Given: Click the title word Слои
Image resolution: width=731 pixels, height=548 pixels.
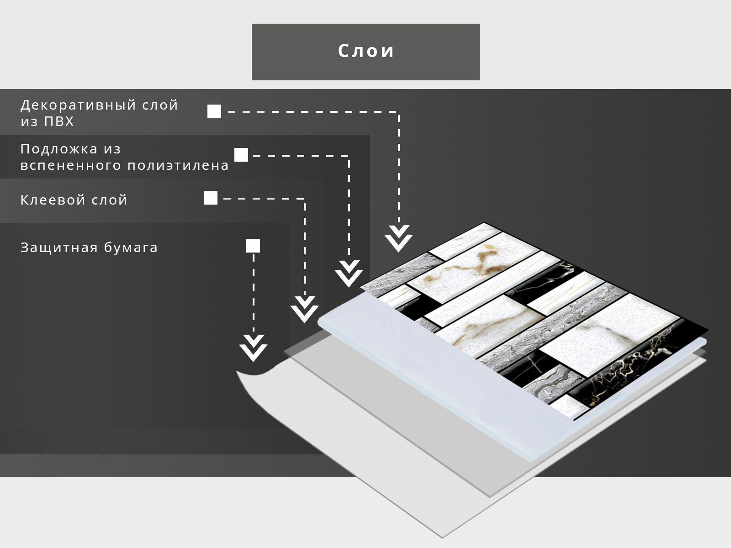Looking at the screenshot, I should [x=365, y=51].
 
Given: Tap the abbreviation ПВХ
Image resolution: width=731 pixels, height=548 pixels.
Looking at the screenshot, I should [x=59, y=122].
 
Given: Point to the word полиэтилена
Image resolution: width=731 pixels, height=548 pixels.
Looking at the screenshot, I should [x=178, y=165].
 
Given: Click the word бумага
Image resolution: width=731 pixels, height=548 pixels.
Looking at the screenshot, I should [x=131, y=248].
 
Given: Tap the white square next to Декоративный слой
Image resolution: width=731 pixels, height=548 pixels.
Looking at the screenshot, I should [x=214, y=111].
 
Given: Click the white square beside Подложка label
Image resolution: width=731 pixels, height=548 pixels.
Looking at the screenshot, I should [x=241, y=155].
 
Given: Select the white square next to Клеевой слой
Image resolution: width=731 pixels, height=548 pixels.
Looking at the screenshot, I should [x=211, y=198].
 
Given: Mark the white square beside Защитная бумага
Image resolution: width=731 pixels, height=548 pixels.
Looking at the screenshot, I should [x=253, y=246].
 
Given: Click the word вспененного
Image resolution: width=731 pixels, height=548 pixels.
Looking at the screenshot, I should [x=71, y=165].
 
